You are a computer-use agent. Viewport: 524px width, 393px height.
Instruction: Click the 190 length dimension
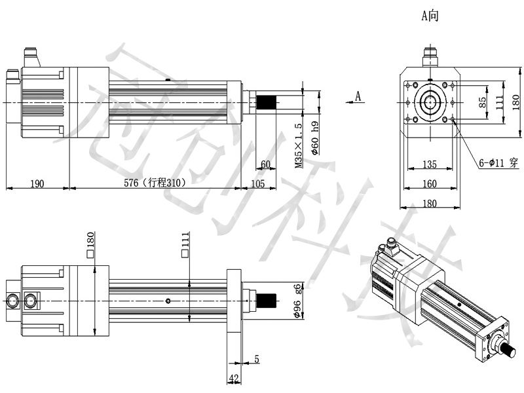(x=37, y=184)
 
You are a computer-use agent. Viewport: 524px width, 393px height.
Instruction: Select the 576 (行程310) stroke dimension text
(x=155, y=183)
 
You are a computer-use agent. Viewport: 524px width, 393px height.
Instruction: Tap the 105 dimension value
(x=257, y=184)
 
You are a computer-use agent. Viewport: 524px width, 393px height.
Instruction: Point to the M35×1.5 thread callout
(x=299, y=145)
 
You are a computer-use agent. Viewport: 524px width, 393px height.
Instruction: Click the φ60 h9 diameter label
(x=315, y=138)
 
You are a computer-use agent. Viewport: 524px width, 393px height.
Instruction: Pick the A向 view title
(x=430, y=16)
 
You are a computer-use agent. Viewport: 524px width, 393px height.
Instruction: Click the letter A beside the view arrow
(x=358, y=96)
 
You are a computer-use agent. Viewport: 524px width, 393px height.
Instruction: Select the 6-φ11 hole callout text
(x=498, y=163)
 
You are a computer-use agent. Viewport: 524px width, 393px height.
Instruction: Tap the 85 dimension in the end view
(x=482, y=103)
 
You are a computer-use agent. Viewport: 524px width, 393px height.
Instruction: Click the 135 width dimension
(x=430, y=164)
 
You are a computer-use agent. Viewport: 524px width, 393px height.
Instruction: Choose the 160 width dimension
(x=430, y=184)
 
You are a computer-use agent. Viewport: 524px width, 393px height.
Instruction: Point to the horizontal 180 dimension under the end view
(x=430, y=204)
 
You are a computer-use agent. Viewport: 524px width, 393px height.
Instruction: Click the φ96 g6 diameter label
(x=297, y=301)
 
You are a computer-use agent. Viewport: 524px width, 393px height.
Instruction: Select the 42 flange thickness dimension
(x=234, y=379)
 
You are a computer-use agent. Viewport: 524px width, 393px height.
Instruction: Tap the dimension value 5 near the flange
(x=257, y=359)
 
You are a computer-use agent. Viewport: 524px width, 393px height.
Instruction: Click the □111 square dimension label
(x=185, y=245)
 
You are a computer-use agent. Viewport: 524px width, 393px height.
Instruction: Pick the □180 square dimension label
(x=90, y=245)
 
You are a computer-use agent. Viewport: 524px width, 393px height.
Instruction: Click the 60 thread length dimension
(x=265, y=164)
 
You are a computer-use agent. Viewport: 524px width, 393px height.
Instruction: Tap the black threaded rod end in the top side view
(x=266, y=102)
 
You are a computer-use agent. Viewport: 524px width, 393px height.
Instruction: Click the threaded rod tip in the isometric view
(x=510, y=351)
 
